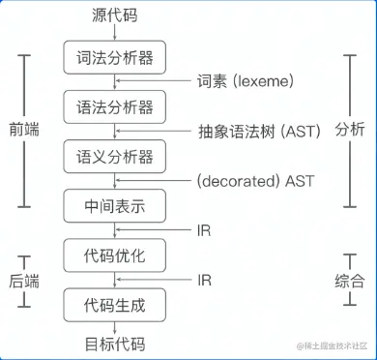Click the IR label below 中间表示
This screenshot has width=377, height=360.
[204, 230]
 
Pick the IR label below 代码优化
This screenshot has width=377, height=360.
[204, 281]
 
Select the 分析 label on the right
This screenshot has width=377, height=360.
[350, 131]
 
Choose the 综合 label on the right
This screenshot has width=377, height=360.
[350, 281]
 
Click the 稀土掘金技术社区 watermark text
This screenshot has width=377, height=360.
[333, 345]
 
